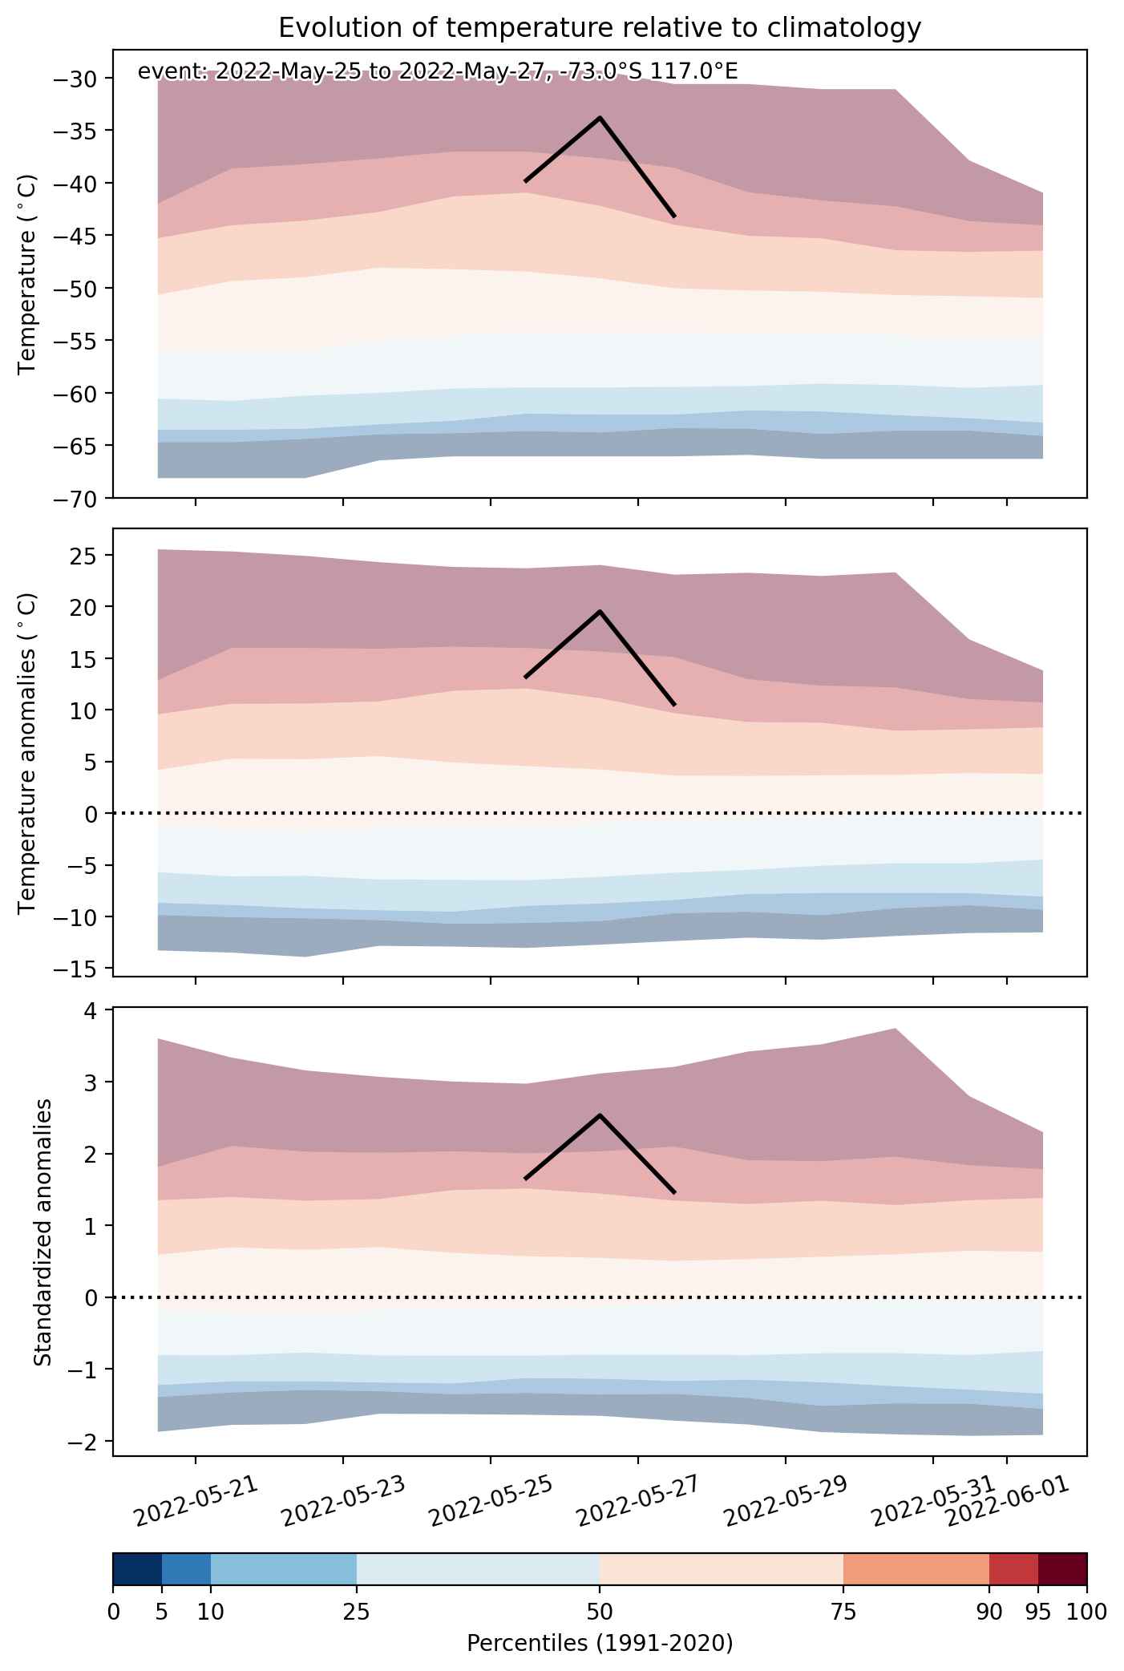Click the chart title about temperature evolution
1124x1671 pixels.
point(600,28)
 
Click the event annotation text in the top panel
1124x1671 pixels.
point(438,71)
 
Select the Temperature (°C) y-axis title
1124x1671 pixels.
point(28,273)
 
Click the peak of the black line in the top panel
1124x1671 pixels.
point(600,118)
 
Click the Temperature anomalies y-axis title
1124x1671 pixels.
point(28,753)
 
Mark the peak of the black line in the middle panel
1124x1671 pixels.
point(600,612)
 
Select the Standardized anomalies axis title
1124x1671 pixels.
point(43,1232)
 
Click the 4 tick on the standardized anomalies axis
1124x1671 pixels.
point(91,1010)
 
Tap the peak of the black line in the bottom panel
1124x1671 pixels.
point(600,1115)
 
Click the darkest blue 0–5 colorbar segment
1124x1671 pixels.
point(138,1569)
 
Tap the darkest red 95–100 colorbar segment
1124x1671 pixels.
point(1062,1569)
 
